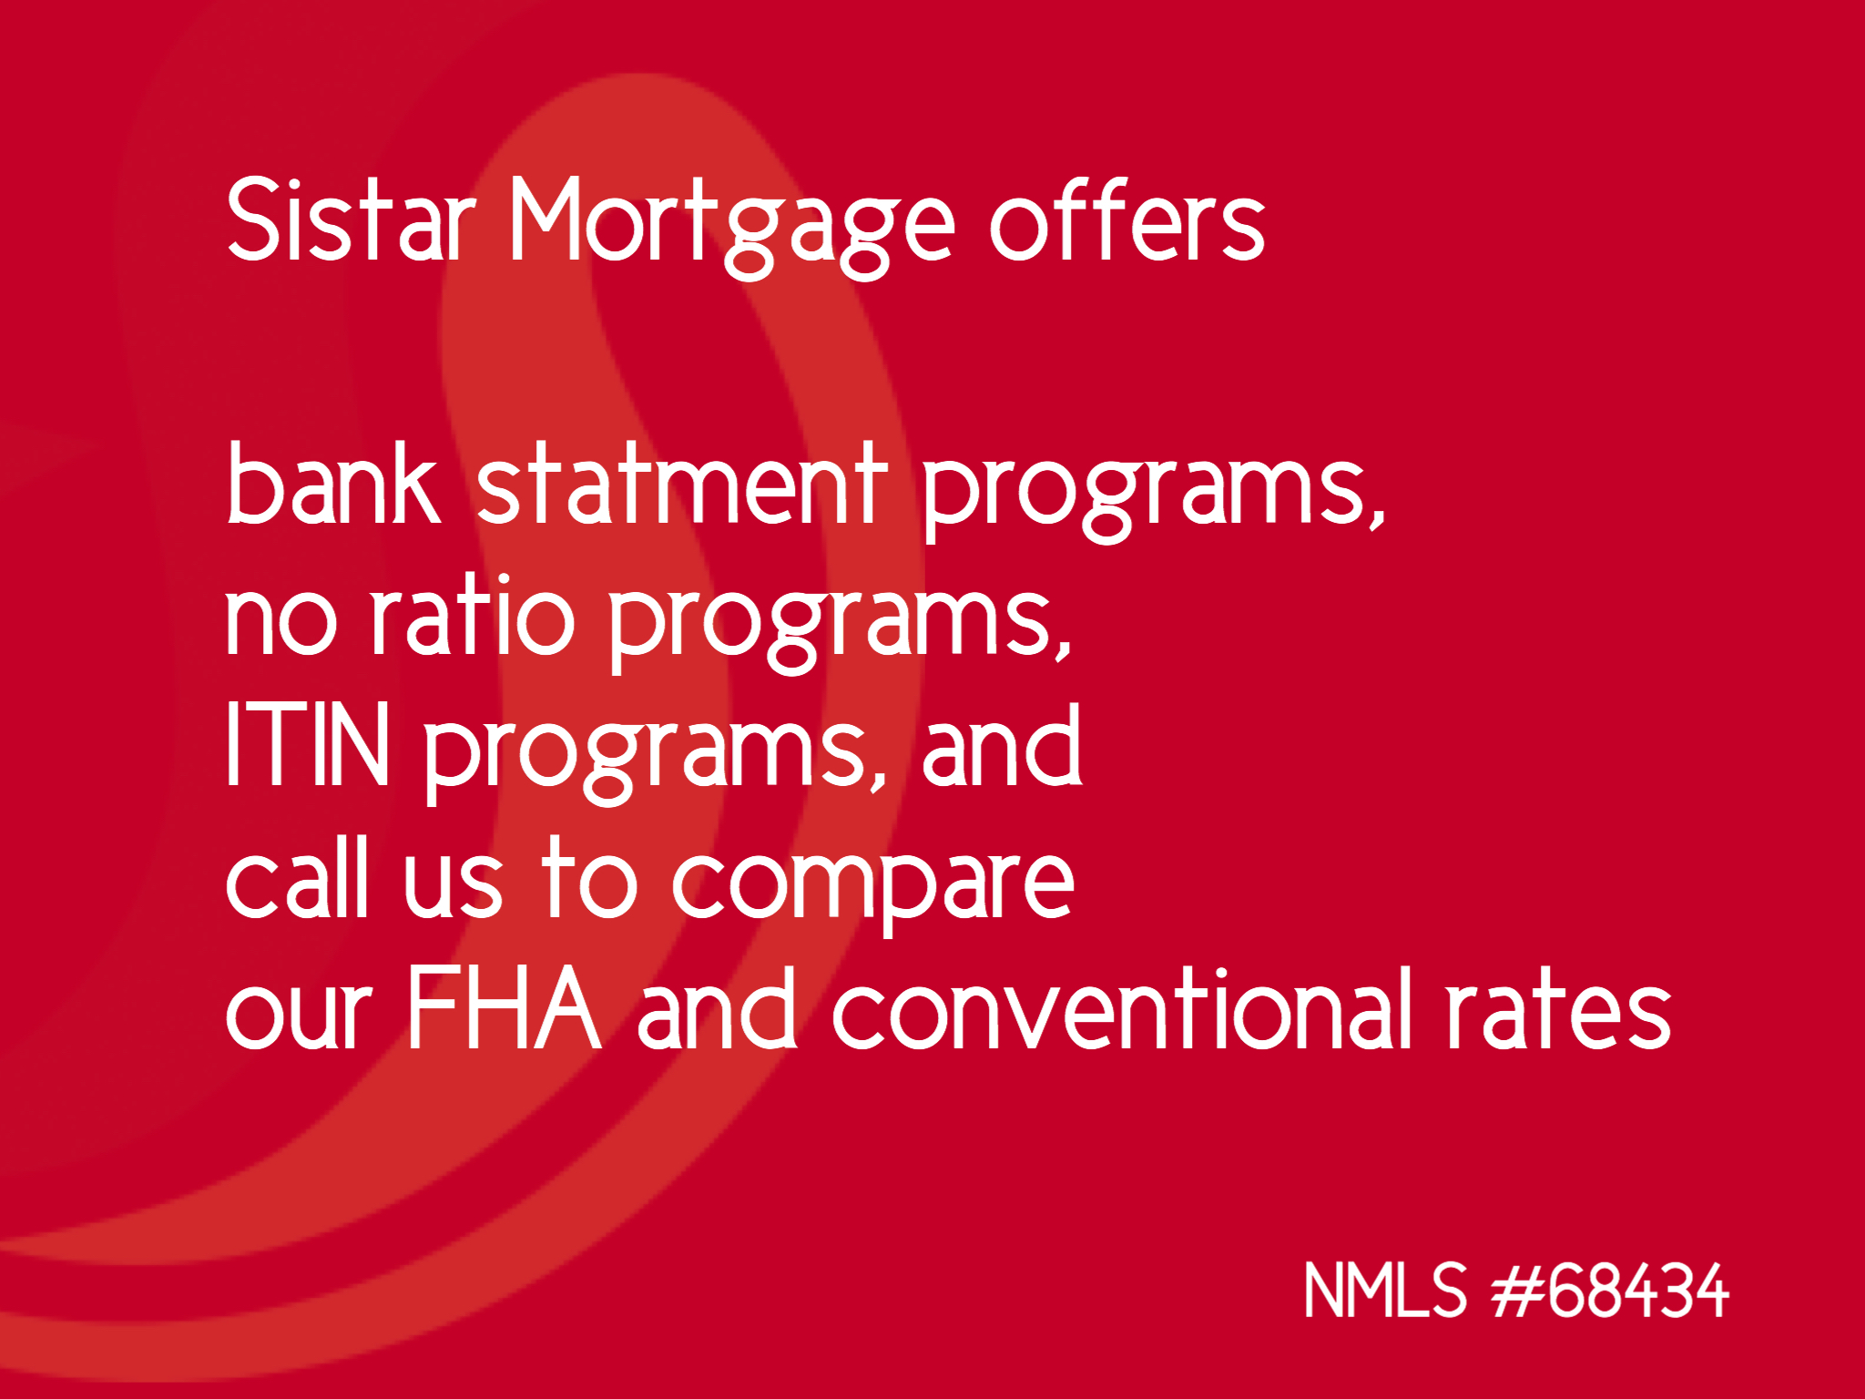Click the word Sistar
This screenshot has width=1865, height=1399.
352,220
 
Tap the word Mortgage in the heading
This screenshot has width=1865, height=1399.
732,227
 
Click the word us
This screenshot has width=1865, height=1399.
453,885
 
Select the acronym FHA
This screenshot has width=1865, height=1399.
504,1007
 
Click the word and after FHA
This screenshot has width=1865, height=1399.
718,1007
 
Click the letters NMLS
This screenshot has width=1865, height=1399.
1385,1290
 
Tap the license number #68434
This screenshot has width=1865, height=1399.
1610,1290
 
